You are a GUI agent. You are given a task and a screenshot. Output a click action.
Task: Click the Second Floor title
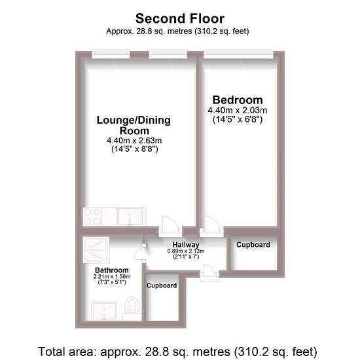click(x=180, y=18)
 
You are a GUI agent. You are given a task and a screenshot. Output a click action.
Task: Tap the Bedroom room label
click(x=238, y=100)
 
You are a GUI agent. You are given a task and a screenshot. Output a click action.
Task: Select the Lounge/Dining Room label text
click(x=134, y=126)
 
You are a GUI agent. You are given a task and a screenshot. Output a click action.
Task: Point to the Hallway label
click(x=186, y=245)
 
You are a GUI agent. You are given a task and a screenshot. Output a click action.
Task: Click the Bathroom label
click(x=112, y=270)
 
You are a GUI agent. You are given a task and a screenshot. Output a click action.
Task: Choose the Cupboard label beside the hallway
click(x=253, y=245)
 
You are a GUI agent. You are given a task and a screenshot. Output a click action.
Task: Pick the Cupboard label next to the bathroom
click(x=162, y=285)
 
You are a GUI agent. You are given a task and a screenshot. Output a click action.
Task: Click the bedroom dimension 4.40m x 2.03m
click(x=238, y=111)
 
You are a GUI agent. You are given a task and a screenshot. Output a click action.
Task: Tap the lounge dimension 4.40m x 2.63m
click(x=134, y=141)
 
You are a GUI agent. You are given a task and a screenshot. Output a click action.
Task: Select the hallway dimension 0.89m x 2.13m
click(x=186, y=251)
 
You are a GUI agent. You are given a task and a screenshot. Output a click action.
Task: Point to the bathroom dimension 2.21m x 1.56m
click(x=112, y=277)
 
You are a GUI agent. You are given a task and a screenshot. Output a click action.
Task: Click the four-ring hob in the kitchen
click(x=92, y=216)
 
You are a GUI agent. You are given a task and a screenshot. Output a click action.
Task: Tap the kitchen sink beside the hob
click(x=130, y=216)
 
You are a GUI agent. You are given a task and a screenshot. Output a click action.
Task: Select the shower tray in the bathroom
click(x=96, y=250)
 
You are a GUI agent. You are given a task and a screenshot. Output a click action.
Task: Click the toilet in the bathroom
click(x=132, y=308)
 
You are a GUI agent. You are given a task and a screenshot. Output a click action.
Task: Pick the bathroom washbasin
click(x=104, y=311)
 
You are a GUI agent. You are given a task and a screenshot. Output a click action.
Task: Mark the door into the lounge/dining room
click(x=170, y=226)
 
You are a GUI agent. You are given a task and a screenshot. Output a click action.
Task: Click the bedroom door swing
click(x=211, y=226)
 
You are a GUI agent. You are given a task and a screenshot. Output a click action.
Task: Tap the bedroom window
click(x=238, y=54)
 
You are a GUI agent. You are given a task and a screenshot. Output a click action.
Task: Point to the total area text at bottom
click(x=177, y=351)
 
